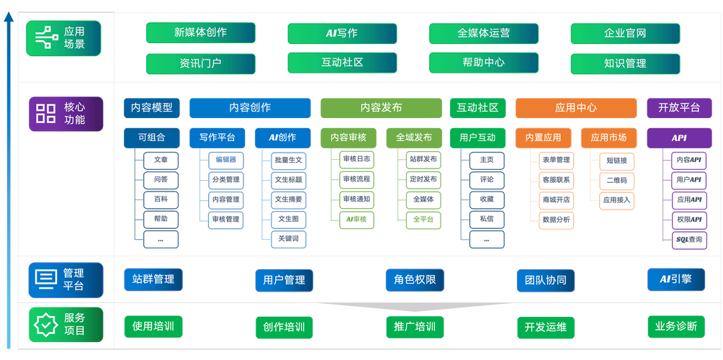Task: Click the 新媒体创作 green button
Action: click(x=200, y=33)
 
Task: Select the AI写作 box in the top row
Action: click(x=342, y=33)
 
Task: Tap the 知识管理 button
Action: click(x=624, y=63)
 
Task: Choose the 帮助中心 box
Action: click(x=483, y=63)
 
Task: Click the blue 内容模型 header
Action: click(x=151, y=108)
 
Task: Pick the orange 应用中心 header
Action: click(x=575, y=108)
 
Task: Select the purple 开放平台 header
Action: click(x=679, y=108)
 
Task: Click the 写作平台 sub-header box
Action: click(x=217, y=138)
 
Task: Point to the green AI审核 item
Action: click(x=356, y=219)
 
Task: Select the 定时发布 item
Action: click(x=422, y=179)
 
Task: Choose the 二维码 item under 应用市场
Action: click(x=616, y=180)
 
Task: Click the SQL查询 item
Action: click(x=688, y=239)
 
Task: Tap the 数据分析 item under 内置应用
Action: click(x=556, y=219)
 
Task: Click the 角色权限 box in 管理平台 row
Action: click(x=414, y=280)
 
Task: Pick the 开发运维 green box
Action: click(x=545, y=327)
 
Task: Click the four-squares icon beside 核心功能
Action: click(x=46, y=113)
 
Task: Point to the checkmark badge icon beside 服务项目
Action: click(x=46, y=325)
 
